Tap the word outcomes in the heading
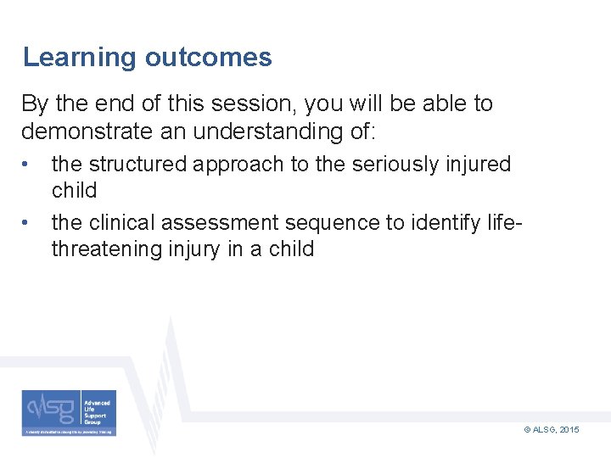point(208,58)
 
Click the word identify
point(445,223)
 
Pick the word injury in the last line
point(218,249)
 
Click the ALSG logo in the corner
point(69,413)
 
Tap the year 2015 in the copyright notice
point(569,431)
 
